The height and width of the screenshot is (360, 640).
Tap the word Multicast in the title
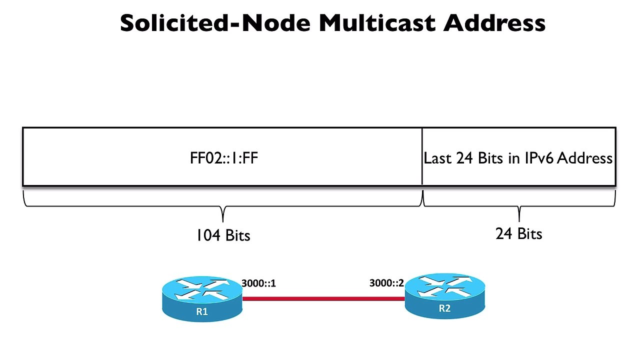pos(378,23)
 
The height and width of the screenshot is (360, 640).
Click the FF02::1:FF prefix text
pos(224,158)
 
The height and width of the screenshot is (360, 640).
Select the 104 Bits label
pos(223,234)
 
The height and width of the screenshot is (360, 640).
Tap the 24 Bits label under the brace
pos(518,233)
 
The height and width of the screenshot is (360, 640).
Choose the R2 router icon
pos(444,295)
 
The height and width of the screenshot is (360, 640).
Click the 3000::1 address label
pos(258,283)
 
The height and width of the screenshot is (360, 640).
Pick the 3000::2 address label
pos(386,283)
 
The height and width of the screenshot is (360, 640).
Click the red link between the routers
pos(323,299)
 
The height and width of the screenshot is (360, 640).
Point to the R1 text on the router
pos(202,311)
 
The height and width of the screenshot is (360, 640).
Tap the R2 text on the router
pos(444,308)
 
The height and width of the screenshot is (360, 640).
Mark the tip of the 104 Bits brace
pos(222,220)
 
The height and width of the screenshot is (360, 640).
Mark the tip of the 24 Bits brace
pos(519,220)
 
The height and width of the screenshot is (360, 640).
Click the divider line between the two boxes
pos(422,157)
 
